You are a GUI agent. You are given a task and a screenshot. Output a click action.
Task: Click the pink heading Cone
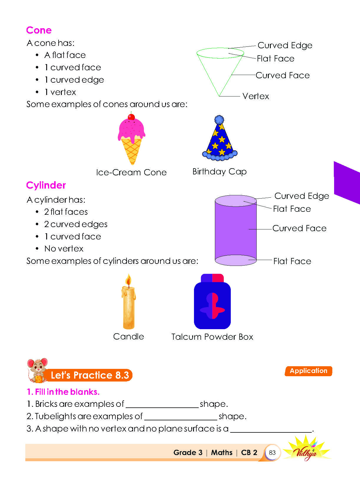click(39, 30)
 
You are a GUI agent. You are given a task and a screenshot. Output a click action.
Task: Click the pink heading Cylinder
click(46, 185)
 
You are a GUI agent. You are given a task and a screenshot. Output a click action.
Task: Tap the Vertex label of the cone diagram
click(256, 96)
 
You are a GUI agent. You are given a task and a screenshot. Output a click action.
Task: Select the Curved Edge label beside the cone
click(285, 45)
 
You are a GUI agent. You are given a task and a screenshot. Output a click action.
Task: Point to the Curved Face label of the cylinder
click(299, 228)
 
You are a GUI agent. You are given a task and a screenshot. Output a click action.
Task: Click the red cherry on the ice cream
click(131, 117)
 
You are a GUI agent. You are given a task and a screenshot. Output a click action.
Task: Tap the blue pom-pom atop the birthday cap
click(219, 120)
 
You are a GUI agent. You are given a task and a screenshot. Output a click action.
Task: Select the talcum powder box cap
click(212, 278)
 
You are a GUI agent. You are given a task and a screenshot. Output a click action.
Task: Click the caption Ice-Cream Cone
click(131, 172)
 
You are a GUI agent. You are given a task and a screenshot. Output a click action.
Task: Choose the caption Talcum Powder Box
click(212, 337)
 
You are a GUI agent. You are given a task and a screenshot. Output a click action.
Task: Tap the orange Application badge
click(308, 371)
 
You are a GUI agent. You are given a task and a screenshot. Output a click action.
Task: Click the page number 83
click(272, 452)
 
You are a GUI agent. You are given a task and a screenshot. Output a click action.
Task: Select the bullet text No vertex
click(64, 249)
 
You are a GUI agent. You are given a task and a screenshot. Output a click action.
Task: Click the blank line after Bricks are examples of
click(162, 407)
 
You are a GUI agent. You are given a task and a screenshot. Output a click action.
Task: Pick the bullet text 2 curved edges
click(76, 224)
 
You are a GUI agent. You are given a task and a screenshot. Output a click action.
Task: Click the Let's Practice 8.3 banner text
click(90, 375)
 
